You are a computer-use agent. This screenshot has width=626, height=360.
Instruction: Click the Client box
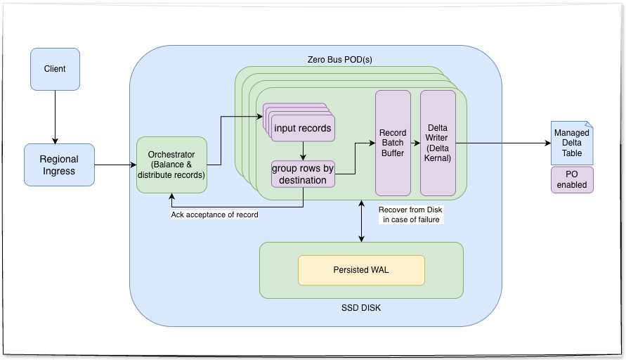coord(55,69)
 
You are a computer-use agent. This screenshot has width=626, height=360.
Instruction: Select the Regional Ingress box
coord(59,165)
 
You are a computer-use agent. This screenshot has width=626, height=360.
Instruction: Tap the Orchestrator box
coord(171,165)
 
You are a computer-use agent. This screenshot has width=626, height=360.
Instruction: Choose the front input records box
coord(304,129)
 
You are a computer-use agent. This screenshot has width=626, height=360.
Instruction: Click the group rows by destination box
coord(304,174)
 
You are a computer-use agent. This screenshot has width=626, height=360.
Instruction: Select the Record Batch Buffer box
coord(393,143)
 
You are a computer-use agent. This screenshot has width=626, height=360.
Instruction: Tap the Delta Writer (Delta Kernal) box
coord(438,143)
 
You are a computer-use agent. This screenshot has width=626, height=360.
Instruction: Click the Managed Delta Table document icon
coord(571,143)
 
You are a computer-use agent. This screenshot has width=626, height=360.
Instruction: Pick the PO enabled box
coord(571,179)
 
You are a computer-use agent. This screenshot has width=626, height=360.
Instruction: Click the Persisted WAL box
coord(361,270)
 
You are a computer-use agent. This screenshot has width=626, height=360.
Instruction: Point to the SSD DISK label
coord(361,308)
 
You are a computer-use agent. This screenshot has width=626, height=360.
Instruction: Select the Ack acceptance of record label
coord(214,214)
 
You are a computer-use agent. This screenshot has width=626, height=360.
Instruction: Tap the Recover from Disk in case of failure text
coord(409,214)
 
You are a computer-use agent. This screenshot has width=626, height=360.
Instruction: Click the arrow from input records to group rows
coord(303,151)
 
